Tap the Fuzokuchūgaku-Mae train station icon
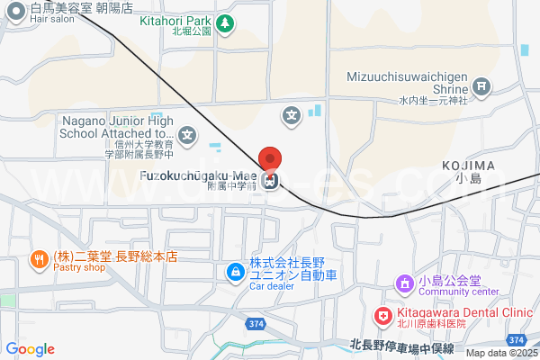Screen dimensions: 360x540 tap(270, 181)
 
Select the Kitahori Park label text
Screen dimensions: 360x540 tap(175, 19)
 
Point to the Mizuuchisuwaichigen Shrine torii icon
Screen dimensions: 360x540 tap(482, 87)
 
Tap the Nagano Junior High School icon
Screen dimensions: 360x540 tap(186, 137)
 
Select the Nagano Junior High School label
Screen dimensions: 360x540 tap(117, 132)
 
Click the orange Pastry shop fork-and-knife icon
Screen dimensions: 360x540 tap(39, 261)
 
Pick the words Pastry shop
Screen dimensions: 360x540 tap(79, 267)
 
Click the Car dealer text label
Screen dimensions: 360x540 tap(271, 286)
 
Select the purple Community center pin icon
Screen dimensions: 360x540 tap(405, 283)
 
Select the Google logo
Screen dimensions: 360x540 tap(30, 349)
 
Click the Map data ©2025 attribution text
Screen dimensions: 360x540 tap(501, 353)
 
